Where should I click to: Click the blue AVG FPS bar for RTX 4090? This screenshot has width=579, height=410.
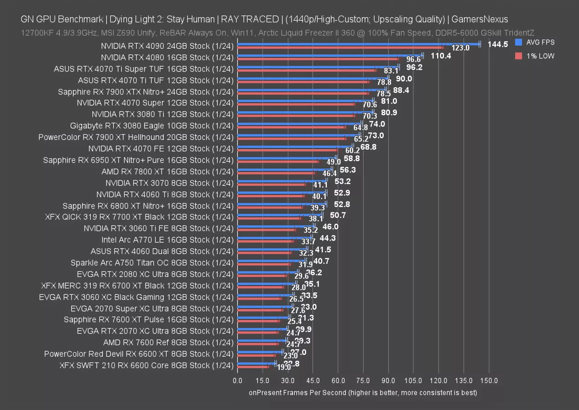coord(358,44)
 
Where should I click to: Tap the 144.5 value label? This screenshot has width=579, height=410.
coord(498,44)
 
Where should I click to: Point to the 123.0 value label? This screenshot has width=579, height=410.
coord(460,48)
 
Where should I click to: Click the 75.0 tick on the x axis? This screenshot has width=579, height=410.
coord(363,380)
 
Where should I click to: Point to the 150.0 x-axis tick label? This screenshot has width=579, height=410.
coord(489,380)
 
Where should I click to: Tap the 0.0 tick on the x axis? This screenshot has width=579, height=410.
coord(238,380)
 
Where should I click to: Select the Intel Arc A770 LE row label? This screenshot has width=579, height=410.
coord(167,240)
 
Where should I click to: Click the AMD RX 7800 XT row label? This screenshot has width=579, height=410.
coord(167,171)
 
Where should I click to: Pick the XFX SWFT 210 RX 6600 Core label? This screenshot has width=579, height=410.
coord(146,365)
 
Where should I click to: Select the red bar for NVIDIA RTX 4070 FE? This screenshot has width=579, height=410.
coord(287,150)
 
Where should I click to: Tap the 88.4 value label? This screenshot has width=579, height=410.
coord(401,90)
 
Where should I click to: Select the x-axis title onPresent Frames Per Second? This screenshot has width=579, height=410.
coord(363,392)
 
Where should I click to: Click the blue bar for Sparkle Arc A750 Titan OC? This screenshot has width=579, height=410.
coord(271,261)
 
